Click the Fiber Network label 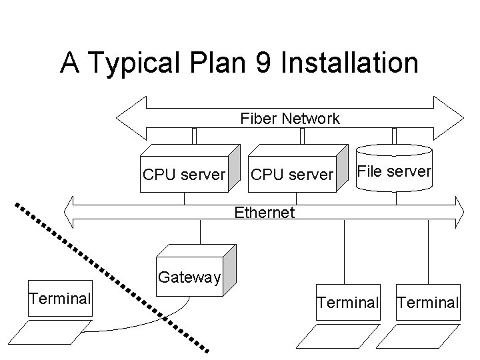point(290,119)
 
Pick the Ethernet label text point(263,213)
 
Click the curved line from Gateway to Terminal point(133,327)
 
